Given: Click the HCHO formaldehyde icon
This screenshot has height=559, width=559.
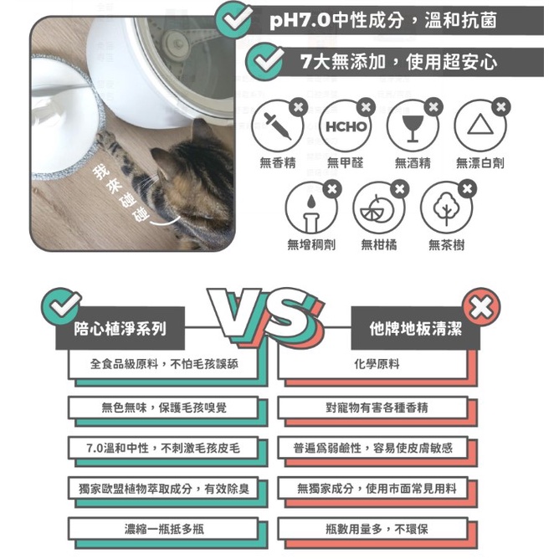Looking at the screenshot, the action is (345, 126).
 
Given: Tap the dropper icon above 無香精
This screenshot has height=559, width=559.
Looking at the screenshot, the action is (277, 126).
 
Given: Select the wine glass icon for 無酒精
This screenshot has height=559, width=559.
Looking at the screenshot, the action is (413, 126).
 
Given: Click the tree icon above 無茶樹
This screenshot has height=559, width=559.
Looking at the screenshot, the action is (446, 208).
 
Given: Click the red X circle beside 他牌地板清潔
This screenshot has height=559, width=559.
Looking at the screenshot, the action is (481, 307).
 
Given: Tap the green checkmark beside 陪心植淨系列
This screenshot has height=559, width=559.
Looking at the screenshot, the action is (61, 306).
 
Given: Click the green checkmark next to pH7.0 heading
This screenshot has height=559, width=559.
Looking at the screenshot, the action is (234, 20).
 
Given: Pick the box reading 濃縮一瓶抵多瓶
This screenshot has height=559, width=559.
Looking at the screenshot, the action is (163, 529).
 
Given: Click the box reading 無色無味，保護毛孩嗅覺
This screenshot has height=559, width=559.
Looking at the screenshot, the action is (163, 408).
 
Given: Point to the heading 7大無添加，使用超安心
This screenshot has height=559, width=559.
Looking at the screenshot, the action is (398, 62).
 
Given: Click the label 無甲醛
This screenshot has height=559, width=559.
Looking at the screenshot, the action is (345, 163).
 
